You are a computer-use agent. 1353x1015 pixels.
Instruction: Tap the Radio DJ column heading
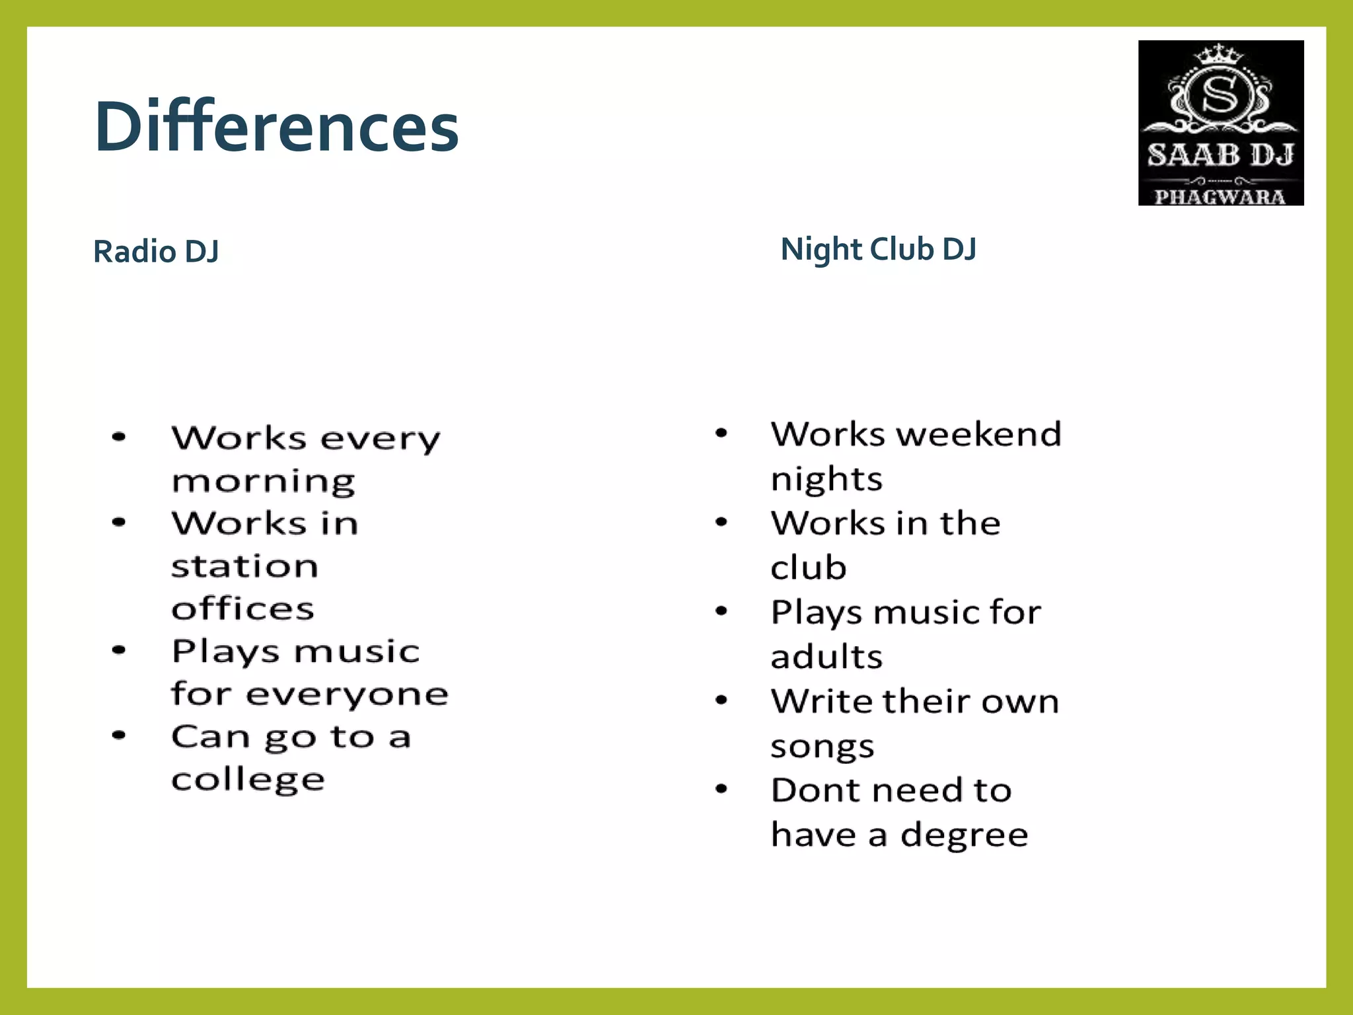coord(156,251)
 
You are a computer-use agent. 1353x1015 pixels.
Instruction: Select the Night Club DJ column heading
coord(878,249)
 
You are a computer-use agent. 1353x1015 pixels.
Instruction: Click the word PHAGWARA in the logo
coord(1220,196)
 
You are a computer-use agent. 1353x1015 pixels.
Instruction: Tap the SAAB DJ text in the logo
coord(1220,155)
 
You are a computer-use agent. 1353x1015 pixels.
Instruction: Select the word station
coord(244,566)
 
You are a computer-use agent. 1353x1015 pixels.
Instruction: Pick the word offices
coord(242,609)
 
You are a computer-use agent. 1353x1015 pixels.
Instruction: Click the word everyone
coord(347,694)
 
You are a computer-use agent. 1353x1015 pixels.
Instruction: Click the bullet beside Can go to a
coord(119,735)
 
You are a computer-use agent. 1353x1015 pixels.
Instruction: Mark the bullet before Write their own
coord(721,700)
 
